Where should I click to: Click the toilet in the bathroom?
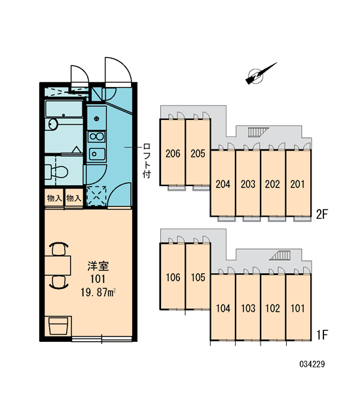(56, 172)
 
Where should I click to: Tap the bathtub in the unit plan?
(64, 109)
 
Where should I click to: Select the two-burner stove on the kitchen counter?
(97, 137)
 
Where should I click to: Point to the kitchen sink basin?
(97, 154)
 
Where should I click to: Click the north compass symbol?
(261, 73)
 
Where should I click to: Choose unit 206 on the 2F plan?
(173, 153)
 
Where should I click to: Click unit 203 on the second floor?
(248, 183)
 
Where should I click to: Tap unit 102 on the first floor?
(273, 308)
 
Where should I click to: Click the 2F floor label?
(321, 215)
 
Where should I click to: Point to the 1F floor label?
(321, 335)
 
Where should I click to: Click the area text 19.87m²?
(98, 292)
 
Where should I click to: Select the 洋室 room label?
(98, 266)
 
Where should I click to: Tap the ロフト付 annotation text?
(147, 160)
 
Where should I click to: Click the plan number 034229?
(312, 364)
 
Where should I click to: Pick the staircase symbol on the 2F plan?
(258, 132)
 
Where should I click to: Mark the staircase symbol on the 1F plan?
(280, 255)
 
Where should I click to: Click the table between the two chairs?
(58, 265)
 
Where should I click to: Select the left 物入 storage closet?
(54, 198)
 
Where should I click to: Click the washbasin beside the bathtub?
(53, 124)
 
